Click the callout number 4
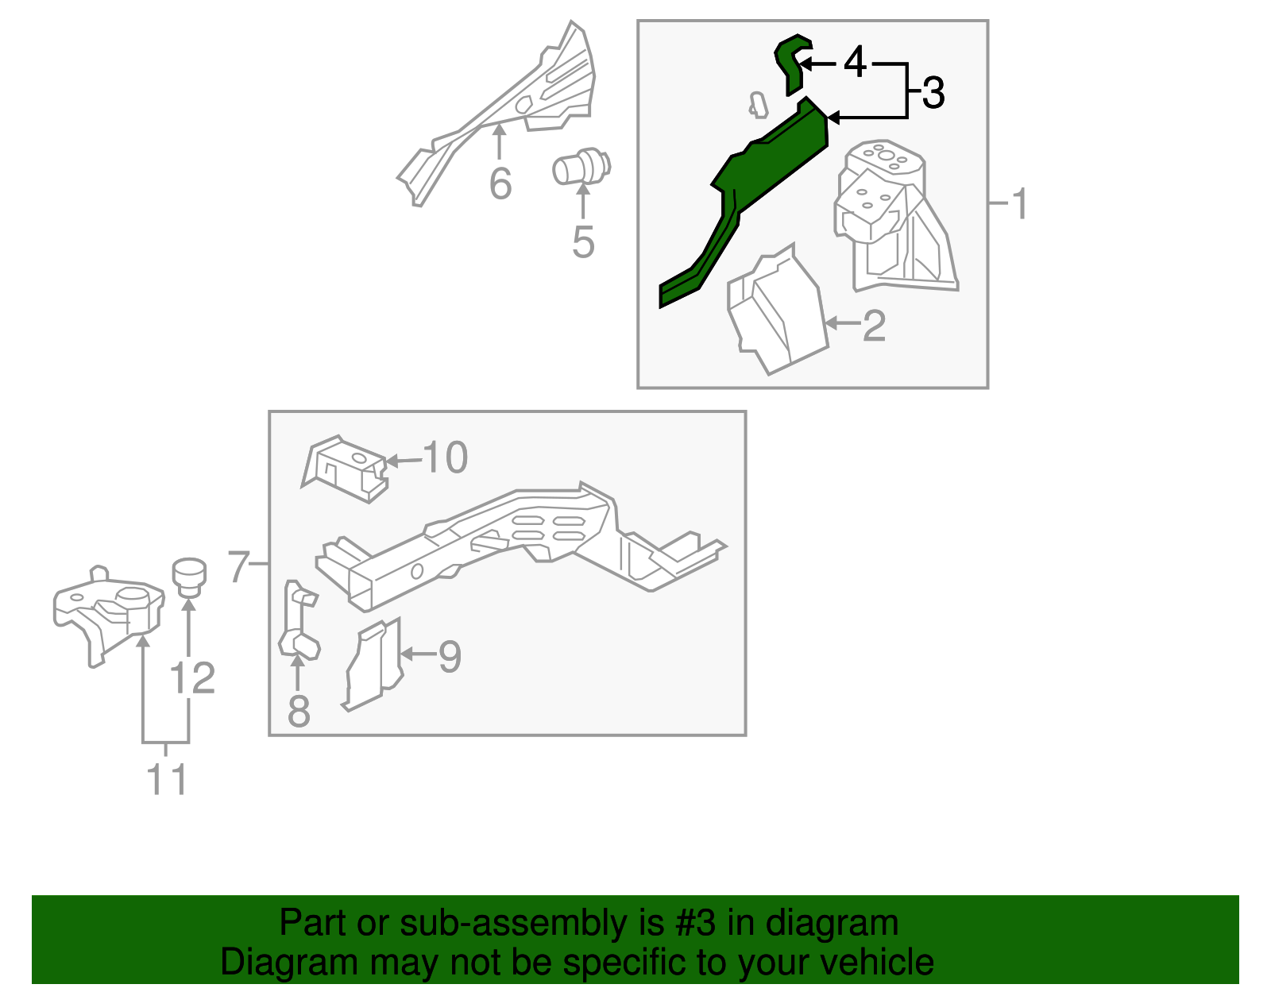[855, 62]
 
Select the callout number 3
[933, 93]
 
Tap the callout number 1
[1020, 204]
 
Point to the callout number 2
[874, 326]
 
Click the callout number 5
[583, 242]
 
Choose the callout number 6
[500, 184]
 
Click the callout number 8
[299, 712]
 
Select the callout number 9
[450, 657]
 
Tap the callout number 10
[446, 457]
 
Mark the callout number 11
[167, 779]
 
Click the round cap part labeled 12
[189, 574]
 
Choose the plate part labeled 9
[374, 664]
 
